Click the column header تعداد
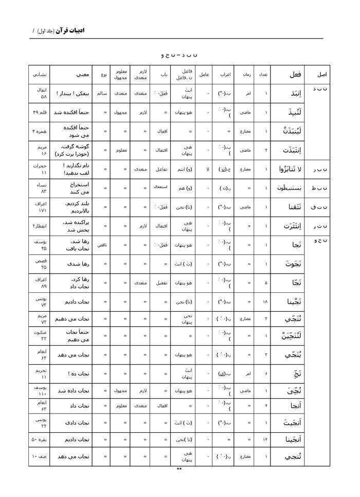[x=263, y=75]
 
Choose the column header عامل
[x=204, y=75]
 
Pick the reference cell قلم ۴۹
[x=40, y=112]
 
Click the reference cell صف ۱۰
[x=40, y=456]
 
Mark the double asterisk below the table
[x=179, y=469]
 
